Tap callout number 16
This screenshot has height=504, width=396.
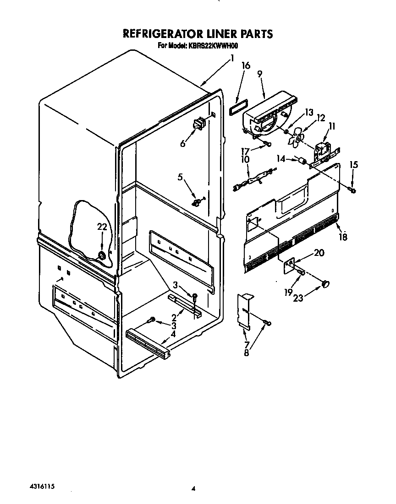246,65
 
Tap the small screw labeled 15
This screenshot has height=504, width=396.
352,189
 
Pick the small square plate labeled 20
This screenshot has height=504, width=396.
289,266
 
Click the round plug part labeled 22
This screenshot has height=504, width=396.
102,256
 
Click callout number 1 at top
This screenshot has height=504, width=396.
232,58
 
